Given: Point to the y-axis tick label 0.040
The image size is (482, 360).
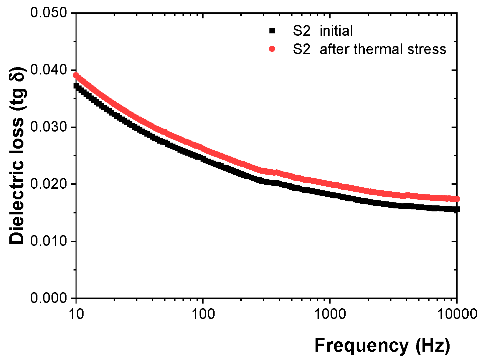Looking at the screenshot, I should [48, 70].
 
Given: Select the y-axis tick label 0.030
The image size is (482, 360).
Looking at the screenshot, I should [48, 127].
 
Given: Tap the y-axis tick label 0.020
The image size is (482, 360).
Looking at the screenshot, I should [48, 184].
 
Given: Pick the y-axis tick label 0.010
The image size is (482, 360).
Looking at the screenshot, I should [48, 241].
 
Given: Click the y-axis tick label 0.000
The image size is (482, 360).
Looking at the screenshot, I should [48, 298].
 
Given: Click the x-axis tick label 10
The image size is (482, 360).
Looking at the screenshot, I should [76, 314].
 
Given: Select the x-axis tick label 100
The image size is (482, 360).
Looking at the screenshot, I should [203, 314].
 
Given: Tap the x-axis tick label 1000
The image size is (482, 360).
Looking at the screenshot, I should [330, 314].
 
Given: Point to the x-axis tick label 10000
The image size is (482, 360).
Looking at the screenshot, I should [457, 314].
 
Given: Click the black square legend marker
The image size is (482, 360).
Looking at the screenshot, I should [272, 31].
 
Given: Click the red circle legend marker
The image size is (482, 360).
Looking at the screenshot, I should [272, 49].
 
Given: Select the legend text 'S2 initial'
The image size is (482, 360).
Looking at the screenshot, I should [323, 31].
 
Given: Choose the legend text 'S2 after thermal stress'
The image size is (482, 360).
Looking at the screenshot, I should [369, 49].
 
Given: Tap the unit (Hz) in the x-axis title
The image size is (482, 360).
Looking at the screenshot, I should [433, 346].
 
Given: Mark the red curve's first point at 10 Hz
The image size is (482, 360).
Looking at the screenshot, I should [76, 75].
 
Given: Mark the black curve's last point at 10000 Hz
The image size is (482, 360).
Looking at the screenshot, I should [457, 209].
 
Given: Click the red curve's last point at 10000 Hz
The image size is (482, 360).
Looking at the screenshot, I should [457, 199].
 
